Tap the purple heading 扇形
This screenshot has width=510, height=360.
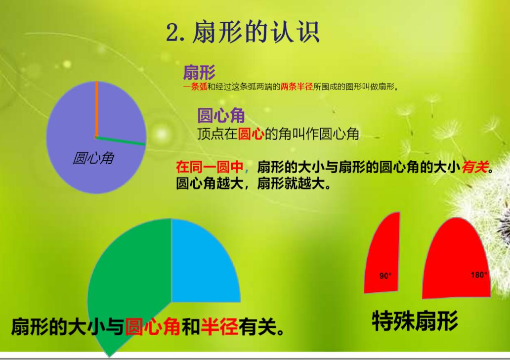tap(199, 73)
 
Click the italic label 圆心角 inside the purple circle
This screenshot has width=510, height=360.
tap(93, 158)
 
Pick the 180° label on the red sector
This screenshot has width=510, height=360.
tap(478, 275)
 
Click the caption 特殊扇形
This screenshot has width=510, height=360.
tap(415, 321)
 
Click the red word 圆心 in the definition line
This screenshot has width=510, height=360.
tap(251, 134)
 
